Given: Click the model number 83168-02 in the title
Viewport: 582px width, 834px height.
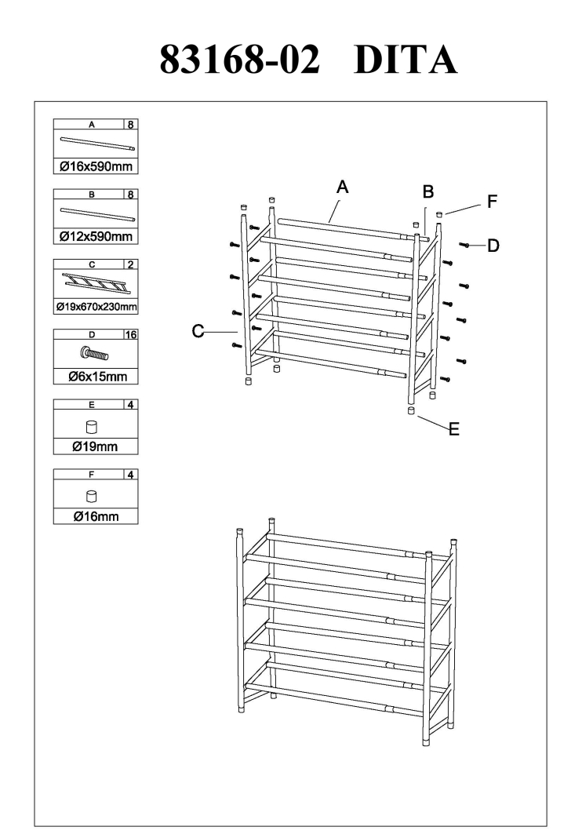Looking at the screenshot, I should point(240,59).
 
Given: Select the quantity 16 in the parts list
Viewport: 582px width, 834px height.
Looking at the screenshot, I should point(130,334).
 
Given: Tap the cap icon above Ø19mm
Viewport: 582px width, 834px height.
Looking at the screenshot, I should point(91,428).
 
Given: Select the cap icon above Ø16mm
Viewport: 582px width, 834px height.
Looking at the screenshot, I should point(91,497).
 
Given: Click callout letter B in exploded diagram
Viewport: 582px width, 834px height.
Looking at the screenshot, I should point(427,191).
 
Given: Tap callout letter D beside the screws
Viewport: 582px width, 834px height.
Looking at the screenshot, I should point(493,246).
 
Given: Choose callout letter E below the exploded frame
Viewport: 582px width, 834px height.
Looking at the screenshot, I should point(453,429).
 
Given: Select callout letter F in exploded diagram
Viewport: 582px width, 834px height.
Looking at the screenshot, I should point(492,202).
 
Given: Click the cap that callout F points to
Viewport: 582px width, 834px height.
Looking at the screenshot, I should point(440,213).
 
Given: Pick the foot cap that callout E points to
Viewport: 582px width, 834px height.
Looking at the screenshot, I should point(411,410).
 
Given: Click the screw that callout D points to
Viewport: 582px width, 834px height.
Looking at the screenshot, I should point(465,246).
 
